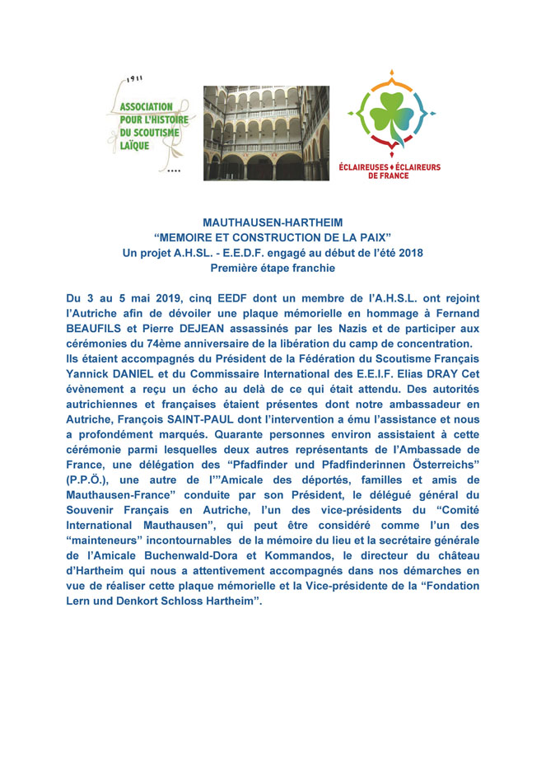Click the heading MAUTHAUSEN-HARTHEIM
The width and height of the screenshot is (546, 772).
273,222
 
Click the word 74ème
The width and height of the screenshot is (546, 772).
206,343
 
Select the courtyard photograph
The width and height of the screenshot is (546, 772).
266,133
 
